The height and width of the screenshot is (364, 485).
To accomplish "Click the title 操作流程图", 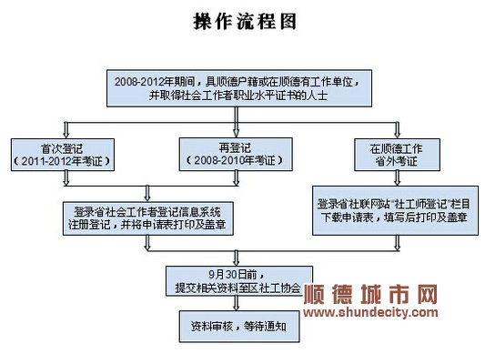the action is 245,21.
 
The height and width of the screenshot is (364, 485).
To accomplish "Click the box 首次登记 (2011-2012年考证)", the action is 63,155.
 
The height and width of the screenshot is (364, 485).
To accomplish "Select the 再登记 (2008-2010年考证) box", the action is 236,154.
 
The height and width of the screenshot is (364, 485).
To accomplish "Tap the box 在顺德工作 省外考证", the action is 397,155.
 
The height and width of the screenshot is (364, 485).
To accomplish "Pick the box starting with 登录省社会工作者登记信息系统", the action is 147,218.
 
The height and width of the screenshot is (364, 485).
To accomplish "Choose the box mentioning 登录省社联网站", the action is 395,210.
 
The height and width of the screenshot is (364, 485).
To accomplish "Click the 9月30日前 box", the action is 239,281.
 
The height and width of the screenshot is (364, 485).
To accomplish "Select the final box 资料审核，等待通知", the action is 239,327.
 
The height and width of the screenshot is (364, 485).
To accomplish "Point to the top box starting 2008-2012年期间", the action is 239,88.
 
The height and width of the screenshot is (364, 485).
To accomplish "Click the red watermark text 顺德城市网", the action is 370,294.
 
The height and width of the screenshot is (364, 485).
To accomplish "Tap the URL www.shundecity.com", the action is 370,312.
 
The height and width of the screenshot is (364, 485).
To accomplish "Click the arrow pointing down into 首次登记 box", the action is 66,130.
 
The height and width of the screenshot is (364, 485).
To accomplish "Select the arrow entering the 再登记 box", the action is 236,122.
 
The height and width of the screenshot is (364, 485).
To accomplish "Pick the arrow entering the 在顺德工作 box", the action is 397,130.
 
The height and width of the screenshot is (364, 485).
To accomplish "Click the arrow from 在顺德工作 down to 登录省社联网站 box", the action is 397,178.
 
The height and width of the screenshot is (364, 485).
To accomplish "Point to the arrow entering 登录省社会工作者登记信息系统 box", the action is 147,194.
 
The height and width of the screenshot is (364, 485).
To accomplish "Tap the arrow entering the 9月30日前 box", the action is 236,258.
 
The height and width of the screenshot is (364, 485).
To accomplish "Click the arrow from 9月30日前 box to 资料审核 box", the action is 236,303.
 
